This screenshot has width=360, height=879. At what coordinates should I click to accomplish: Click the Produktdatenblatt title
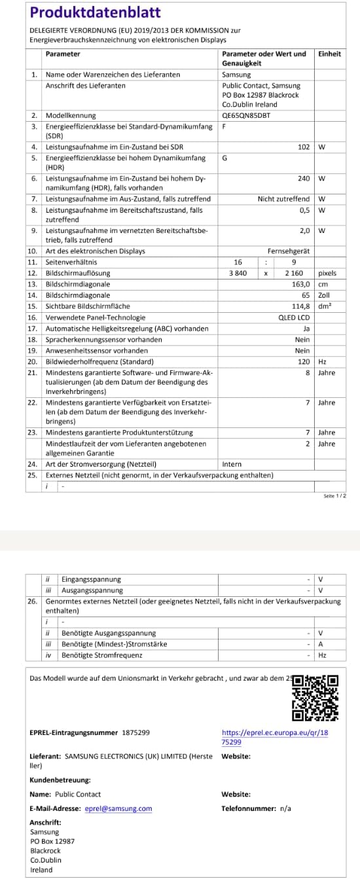[x=95, y=12]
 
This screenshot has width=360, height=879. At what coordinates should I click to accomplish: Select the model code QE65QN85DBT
[x=245, y=115]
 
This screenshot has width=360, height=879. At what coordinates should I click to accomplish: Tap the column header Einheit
[x=329, y=54]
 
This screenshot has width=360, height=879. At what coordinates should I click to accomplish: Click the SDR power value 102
[x=303, y=147]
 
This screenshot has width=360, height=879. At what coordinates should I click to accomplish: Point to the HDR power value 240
[x=303, y=178]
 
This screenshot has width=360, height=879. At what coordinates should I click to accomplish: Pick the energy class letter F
[x=225, y=126]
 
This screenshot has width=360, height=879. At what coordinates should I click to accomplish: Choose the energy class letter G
[x=225, y=158]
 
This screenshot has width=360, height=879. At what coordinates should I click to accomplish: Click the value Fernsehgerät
[x=289, y=251]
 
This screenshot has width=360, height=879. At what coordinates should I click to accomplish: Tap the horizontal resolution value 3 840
[x=238, y=273]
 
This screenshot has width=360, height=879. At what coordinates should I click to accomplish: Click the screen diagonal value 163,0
[x=300, y=284]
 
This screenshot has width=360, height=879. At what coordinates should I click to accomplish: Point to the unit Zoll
[x=325, y=295]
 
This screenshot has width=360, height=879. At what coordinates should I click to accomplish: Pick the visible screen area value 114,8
[x=300, y=306]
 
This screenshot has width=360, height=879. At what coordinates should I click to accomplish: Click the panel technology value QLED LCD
[x=294, y=317]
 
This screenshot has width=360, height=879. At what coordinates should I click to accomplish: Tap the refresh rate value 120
[x=304, y=361]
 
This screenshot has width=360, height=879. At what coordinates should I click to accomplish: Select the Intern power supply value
[x=232, y=464]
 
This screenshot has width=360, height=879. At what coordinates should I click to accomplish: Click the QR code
[x=315, y=698]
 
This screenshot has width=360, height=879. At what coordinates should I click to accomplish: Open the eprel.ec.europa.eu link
[x=275, y=737]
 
